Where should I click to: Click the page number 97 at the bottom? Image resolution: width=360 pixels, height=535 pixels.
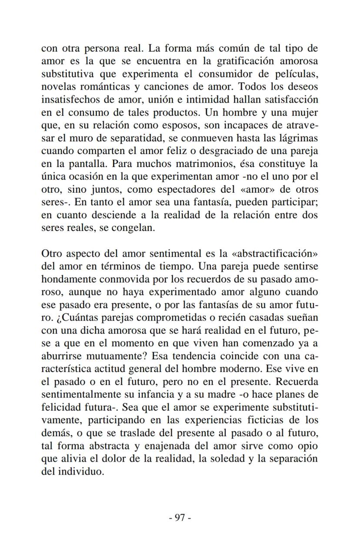pos(180,517)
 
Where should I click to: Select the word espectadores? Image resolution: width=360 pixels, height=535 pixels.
pos(178,190)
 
